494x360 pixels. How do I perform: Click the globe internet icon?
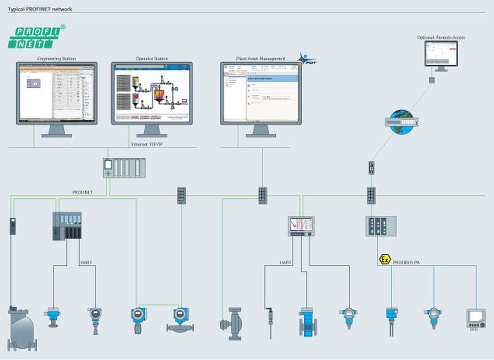401,122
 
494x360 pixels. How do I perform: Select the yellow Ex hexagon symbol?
384,260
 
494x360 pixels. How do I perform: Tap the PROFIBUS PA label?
407,263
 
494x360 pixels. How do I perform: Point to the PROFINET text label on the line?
82,192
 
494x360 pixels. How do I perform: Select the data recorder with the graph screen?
301,226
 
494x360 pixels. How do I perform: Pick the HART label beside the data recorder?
286,263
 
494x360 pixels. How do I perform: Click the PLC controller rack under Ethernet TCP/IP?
124,168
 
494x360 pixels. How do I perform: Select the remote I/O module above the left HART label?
67,226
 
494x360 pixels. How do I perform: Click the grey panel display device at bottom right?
476,319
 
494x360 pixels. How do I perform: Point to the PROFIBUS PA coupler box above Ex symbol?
381,226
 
